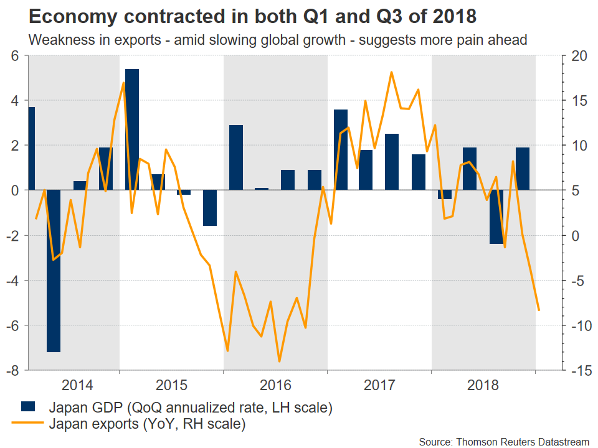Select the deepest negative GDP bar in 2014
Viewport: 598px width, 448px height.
[54, 271]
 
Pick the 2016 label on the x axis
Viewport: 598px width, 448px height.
[275, 385]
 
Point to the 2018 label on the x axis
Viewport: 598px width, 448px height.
[483, 385]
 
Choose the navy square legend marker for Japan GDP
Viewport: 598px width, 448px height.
[28, 408]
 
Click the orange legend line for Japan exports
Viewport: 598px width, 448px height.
[28, 426]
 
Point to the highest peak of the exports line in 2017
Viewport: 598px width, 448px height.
[391, 72]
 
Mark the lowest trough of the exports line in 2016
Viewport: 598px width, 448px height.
[279, 361]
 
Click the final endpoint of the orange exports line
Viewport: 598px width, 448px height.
[538, 310]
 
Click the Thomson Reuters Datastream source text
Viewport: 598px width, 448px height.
[504, 441]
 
